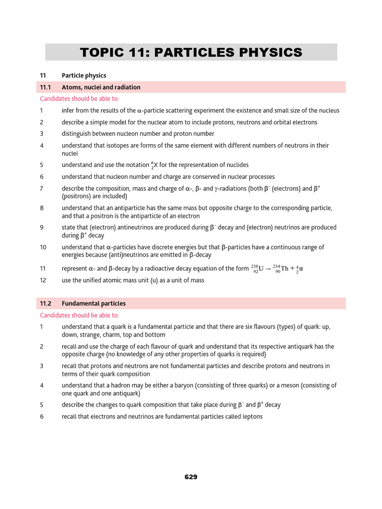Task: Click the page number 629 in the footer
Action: [191, 477]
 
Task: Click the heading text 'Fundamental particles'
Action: [94, 303]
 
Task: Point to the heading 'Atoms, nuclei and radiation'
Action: [101, 87]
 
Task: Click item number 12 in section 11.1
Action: [43, 280]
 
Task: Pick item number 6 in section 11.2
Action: [42, 417]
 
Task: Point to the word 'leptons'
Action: [252, 417]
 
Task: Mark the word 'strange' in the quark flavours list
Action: [88, 335]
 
